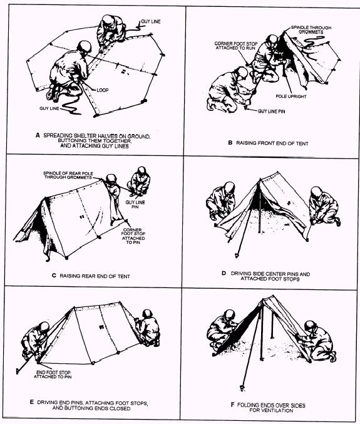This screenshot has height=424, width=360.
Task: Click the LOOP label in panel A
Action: coord(103,90)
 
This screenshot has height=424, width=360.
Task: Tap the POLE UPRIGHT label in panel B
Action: coord(291,96)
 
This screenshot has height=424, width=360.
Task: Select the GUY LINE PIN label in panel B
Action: coord(271,111)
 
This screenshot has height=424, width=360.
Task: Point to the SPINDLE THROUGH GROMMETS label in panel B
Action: coord(311,29)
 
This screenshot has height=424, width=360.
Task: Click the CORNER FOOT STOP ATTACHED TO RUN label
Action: coord(235,46)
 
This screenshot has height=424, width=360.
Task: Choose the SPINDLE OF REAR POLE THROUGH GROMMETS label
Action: coord(68,175)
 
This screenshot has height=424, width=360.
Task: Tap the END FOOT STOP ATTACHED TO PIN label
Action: coord(53,375)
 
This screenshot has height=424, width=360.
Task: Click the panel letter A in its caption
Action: coord(38,135)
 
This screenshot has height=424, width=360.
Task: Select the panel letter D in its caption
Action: coord(224,273)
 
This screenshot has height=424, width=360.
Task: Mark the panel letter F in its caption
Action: coord(232,405)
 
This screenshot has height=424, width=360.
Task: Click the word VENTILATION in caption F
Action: coord(271,410)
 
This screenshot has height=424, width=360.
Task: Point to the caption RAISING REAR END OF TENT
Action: coord(95,276)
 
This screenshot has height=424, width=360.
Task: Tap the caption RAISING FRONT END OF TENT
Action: coord(272,143)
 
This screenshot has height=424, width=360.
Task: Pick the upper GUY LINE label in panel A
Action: coord(151,21)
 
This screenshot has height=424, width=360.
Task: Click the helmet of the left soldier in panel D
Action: coord(229,187)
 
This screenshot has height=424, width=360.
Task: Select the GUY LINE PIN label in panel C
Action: coord(135,204)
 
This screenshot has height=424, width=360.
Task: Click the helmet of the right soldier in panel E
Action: coord(147,314)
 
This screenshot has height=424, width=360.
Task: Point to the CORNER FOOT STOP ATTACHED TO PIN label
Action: coord(133,236)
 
